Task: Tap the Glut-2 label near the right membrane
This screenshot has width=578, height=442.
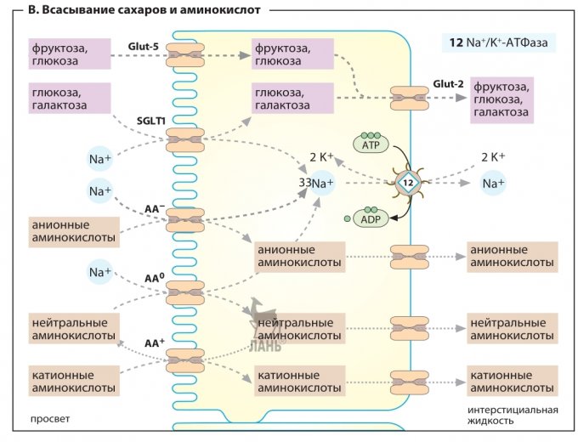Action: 447,83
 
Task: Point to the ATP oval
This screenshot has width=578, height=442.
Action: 371,145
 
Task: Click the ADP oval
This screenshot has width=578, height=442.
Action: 371,218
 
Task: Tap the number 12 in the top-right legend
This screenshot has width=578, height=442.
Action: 456,42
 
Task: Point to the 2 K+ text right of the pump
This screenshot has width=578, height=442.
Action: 493,157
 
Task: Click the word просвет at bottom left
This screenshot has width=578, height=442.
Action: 49,419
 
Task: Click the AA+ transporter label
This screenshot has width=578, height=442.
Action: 154,343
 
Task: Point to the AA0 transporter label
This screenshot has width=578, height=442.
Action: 154,277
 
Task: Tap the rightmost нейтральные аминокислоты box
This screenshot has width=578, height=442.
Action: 513,329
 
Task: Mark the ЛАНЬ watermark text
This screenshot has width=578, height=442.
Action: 262,345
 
